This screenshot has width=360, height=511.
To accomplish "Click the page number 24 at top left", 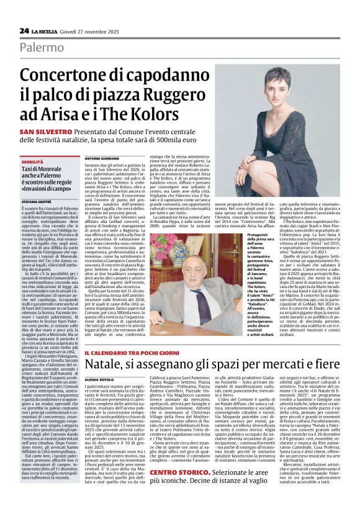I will (24, 30).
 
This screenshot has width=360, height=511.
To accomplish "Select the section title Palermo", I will (42, 47).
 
